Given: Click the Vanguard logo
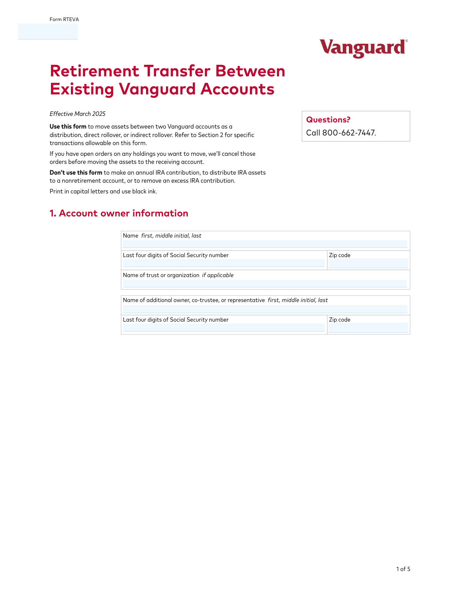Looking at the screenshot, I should click(363, 48).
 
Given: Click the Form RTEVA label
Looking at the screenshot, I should click(64, 20).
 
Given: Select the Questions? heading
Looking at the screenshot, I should click(328, 120).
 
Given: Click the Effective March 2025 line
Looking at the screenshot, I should click(77, 114).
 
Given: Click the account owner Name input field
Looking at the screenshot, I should click(265, 244).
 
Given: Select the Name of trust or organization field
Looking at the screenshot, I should click(265, 284).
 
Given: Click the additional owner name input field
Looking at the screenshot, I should click(265, 309).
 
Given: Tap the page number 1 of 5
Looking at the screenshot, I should click(403, 569).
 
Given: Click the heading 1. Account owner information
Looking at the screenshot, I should click(119, 213).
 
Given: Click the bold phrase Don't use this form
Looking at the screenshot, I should click(76, 173).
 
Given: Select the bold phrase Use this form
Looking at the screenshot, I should click(68, 127).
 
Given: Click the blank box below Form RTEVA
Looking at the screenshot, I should click(48, 31).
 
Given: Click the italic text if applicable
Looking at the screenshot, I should click(218, 275).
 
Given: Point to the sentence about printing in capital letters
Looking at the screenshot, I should click(103, 192).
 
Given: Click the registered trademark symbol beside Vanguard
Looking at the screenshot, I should click(406, 41).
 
